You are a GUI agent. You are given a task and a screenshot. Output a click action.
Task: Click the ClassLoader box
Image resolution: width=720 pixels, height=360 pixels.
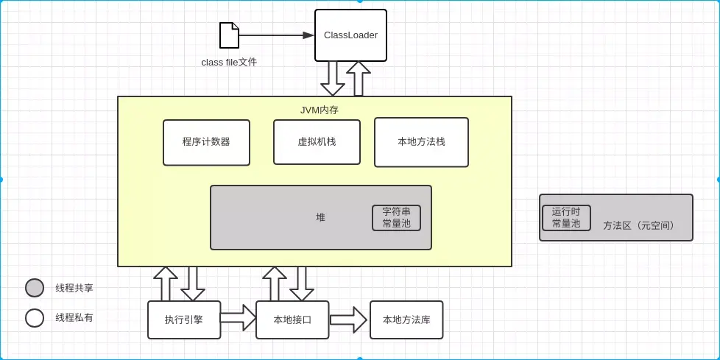pos(350,35)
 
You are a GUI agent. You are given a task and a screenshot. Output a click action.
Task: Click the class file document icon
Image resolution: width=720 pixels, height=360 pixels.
pos(229,35)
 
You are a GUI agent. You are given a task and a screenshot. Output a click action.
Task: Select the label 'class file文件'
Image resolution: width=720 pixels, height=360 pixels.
pos(229,63)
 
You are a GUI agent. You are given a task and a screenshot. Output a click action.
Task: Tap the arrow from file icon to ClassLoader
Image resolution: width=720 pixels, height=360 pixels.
pos(276,35)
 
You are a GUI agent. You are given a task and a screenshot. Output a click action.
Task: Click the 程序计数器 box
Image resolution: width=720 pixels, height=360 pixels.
pos(206,142)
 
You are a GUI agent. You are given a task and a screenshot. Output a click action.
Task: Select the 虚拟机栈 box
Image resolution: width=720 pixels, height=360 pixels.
pos(317,142)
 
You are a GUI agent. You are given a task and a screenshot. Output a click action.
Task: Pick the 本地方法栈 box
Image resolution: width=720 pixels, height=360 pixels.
pos(421,142)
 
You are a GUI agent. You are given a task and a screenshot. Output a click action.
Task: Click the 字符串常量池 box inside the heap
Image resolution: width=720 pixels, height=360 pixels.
pos(396,218)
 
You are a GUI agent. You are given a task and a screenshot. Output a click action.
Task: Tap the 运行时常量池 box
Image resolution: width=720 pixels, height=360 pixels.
pos(566,218)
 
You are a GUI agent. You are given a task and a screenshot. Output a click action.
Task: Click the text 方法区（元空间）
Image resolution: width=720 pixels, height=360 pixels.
pos(638,225)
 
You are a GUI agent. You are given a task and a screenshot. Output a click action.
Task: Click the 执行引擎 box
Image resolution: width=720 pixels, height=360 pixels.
pos(184,320)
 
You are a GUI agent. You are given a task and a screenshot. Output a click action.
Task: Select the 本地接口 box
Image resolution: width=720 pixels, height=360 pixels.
pos(292,320)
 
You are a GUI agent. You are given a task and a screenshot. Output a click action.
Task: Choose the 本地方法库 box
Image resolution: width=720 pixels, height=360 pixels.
pos(406,320)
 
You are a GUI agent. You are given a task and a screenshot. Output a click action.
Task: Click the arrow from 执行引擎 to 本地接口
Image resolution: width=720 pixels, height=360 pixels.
pos(238,318)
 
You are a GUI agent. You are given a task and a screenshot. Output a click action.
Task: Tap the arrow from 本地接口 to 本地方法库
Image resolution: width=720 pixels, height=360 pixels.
pos(348,320)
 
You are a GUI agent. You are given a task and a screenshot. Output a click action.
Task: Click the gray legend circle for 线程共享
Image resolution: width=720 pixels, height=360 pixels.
pos(35,288)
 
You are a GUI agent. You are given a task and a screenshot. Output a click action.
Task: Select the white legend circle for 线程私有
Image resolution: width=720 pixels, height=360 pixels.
pos(35,317)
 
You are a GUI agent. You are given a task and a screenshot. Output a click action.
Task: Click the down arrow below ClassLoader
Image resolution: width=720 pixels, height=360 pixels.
pos(333,79)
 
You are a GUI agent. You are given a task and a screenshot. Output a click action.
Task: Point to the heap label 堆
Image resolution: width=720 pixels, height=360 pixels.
pos(320,218)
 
